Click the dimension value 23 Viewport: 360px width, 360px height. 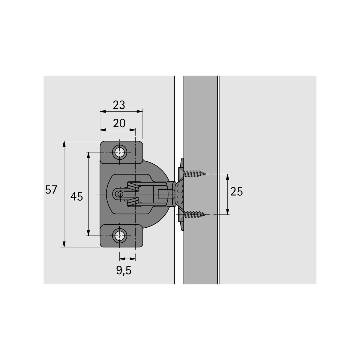(x=119, y=105)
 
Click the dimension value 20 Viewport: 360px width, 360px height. (x=119, y=123)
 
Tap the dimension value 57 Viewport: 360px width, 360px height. (x=51, y=190)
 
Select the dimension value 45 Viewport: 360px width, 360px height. (x=76, y=196)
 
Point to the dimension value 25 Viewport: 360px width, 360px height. (x=236, y=192)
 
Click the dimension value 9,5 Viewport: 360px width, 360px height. (x=124, y=270)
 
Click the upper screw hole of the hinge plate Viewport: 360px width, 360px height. (x=120, y=152)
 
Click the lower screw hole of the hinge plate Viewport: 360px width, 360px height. (x=120, y=236)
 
